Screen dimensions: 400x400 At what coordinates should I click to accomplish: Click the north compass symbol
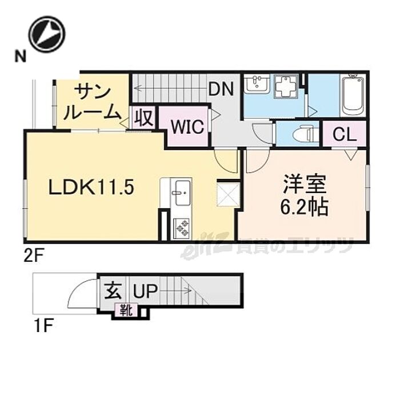[x=47, y=34]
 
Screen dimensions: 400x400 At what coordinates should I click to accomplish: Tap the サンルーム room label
[x=91, y=101]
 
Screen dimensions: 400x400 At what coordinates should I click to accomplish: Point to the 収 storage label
[x=143, y=119]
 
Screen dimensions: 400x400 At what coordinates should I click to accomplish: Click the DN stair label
[x=220, y=89]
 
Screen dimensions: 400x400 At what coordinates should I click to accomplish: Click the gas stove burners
[x=182, y=227]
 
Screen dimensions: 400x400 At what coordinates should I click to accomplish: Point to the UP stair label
[x=146, y=292]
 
